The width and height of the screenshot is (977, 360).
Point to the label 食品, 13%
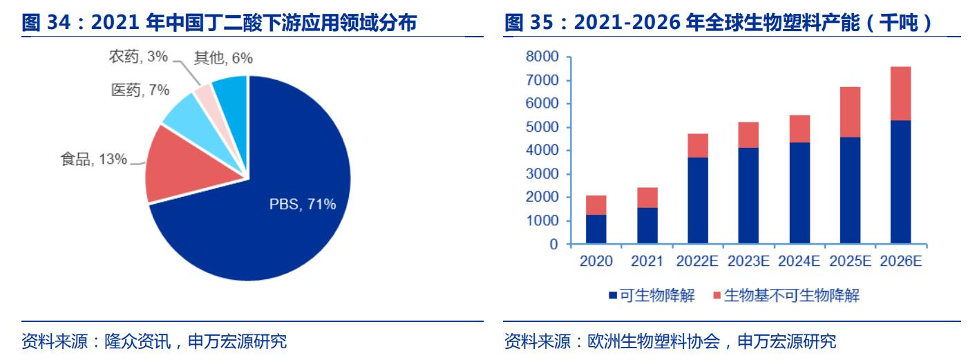pos(93,160)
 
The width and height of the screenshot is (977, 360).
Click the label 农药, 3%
pos(138,57)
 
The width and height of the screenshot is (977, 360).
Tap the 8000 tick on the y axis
pos(542,57)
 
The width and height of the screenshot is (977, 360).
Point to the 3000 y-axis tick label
pos(542,174)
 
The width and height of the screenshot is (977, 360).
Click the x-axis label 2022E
pos(698,261)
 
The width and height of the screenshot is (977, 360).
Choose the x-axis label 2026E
pos(902,261)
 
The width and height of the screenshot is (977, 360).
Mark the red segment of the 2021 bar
pos(647,198)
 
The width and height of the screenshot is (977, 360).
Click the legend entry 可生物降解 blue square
pos(612,296)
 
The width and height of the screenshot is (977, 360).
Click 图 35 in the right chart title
pos(522,23)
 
